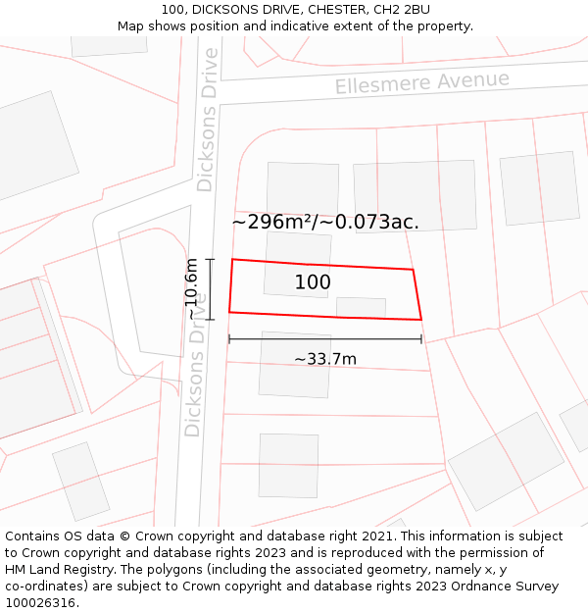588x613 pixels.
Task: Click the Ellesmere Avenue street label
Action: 421,82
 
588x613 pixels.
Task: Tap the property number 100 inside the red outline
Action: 313,282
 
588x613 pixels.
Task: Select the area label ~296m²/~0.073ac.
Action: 325,222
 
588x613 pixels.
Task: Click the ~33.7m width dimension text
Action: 325,359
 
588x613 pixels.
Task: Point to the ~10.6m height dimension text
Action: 192,288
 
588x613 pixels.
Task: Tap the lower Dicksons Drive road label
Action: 194,378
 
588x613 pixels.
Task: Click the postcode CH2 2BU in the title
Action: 402,9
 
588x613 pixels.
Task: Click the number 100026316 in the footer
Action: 41,603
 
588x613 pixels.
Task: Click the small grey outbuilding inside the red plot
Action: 361,307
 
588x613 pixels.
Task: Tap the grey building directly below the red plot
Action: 295,365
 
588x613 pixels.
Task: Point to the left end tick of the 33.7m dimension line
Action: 229,339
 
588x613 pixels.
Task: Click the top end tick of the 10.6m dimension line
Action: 210,259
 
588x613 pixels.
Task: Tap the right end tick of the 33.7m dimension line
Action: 421,339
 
